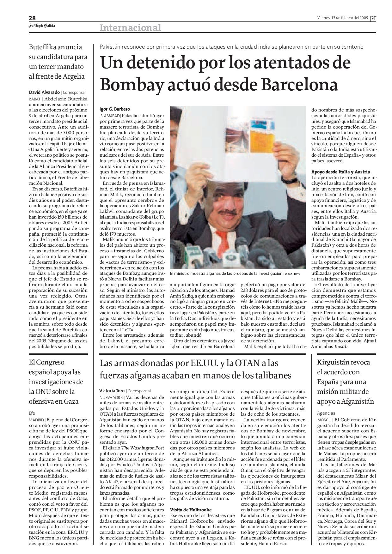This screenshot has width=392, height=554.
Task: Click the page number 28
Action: [x=32, y=18]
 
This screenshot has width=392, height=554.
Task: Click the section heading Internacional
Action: [x=130, y=28]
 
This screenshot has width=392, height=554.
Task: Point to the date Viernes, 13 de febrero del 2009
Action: [x=342, y=18]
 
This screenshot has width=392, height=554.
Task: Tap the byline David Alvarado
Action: [x=44, y=93]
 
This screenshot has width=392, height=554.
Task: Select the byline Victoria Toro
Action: [x=112, y=391]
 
